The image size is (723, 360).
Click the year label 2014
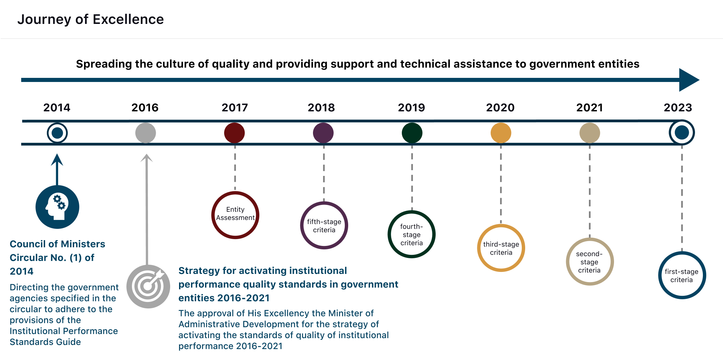[x=57, y=108]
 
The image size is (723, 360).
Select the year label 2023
[x=678, y=108]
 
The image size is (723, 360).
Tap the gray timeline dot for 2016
[x=146, y=133]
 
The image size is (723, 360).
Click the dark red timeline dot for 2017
[x=234, y=133]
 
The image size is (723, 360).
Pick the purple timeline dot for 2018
[x=323, y=133]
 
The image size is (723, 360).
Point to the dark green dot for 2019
[x=412, y=133]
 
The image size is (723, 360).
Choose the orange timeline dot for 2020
[x=501, y=133]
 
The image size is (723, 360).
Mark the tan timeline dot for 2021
[x=590, y=133]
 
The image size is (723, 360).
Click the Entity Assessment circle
[x=235, y=193]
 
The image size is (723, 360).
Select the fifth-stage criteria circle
[x=324, y=203]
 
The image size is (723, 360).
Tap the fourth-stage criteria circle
[x=412, y=212]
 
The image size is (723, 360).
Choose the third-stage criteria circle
[x=501, y=226]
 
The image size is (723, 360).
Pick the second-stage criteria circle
[x=590, y=239]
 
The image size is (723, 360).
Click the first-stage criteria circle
[x=682, y=253]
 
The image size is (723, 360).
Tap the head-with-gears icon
[x=57, y=207]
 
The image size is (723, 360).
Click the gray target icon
[x=148, y=287]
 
